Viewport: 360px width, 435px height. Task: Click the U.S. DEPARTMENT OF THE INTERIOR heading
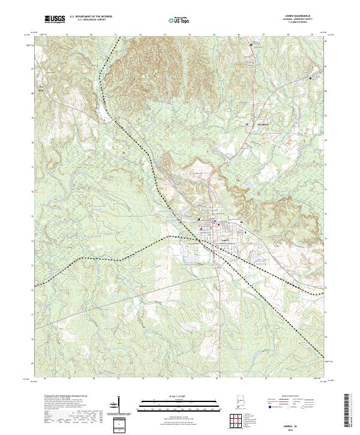point(91,17)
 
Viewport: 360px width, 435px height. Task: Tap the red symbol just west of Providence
point(246,124)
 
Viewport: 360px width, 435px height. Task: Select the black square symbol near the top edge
point(251,45)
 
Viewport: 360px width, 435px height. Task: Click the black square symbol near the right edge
point(310,79)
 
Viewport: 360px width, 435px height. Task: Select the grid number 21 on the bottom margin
point(118,379)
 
